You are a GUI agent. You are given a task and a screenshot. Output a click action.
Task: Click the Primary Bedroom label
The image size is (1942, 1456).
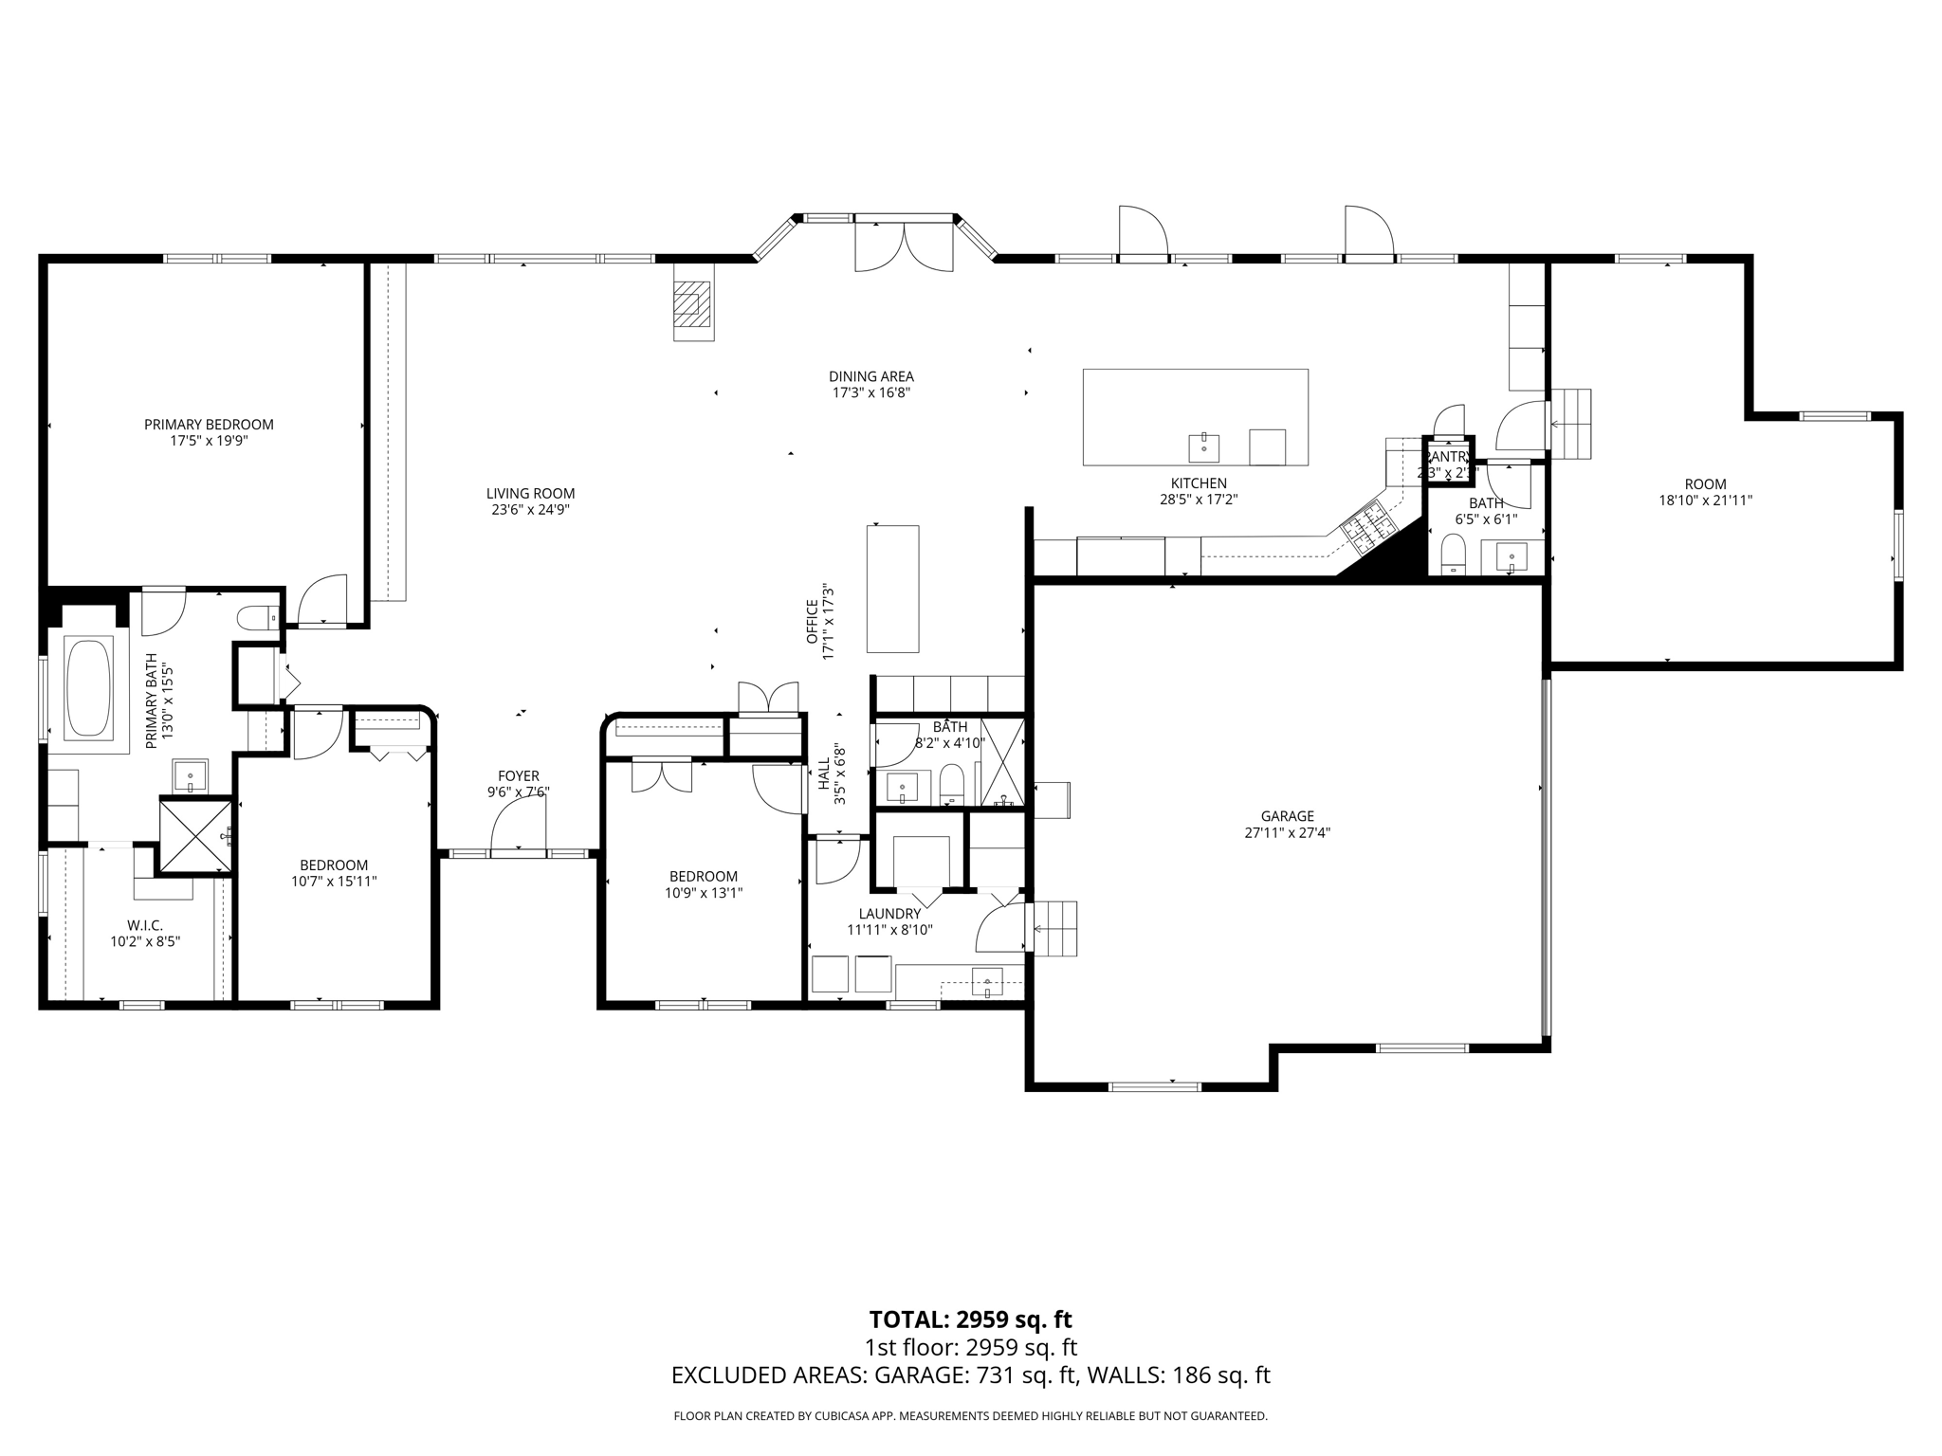pyautogui.click(x=209, y=425)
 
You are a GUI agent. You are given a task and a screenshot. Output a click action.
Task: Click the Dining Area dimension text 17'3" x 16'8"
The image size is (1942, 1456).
pyautogui.click(x=870, y=392)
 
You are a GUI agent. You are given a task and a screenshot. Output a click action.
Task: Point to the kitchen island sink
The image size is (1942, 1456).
pyautogui.click(x=1203, y=446)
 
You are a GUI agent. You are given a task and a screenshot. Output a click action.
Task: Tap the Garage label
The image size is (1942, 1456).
pyautogui.click(x=1287, y=816)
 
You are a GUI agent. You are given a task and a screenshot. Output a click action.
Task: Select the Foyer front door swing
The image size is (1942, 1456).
pyautogui.click(x=519, y=826)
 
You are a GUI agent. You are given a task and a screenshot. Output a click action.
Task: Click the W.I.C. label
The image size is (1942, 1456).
pyautogui.click(x=145, y=925)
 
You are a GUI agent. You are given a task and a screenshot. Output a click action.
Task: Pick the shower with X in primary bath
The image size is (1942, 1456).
pyautogui.click(x=195, y=835)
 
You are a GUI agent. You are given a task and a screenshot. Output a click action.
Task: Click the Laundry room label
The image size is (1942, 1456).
pyautogui.click(x=889, y=914)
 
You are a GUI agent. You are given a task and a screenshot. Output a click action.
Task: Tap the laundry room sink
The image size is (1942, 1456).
pyautogui.click(x=987, y=982)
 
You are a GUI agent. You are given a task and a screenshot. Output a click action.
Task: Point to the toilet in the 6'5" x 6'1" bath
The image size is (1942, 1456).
pyautogui.click(x=1453, y=555)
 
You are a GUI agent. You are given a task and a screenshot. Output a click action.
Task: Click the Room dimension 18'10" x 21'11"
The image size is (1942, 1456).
pyautogui.click(x=1705, y=500)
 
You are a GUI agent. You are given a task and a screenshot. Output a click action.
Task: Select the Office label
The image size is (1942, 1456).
pyautogui.click(x=813, y=621)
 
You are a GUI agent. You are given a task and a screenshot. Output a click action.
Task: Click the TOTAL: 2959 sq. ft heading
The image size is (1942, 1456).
pyautogui.click(x=970, y=1319)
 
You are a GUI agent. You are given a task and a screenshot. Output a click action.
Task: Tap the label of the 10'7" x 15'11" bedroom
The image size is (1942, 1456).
pyautogui.click(x=334, y=864)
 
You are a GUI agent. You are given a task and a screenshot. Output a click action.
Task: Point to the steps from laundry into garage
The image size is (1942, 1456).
pyautogui.click(x=1055, y=929)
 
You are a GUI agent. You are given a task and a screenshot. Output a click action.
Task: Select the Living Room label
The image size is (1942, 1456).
pyautogui.click(x=530, y=493)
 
